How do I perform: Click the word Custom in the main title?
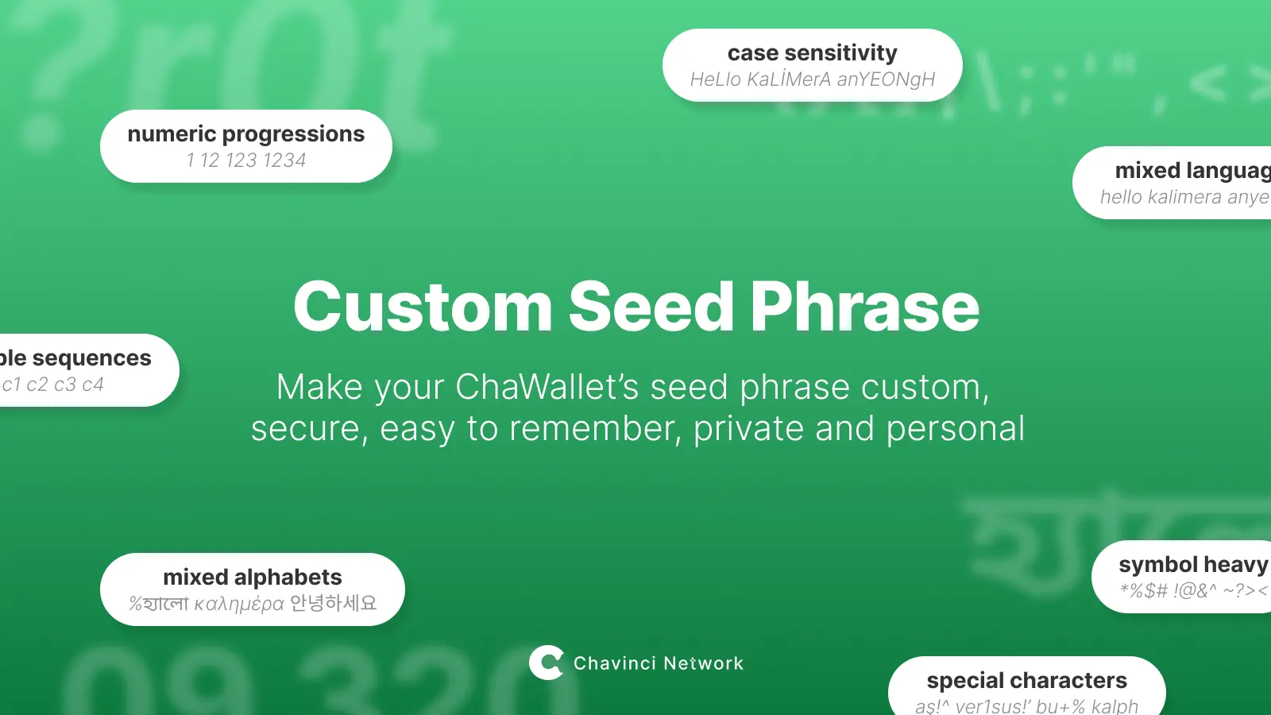[423, 307]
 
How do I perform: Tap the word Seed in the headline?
[651, 307]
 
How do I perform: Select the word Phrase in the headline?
[864, 307]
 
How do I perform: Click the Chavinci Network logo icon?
[546, 663]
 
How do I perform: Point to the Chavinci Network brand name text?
[659, 663]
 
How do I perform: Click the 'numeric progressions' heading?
[246, 134]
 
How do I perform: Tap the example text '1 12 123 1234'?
[246, 160]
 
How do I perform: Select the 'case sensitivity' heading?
[812, 53]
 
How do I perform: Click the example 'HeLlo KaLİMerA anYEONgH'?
[812, 79]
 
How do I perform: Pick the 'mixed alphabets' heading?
[253, 578]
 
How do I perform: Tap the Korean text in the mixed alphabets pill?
[334, 604]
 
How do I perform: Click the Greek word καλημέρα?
[239, 605]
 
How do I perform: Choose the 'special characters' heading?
[1026, 681]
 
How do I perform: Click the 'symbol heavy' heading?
[1192, 565]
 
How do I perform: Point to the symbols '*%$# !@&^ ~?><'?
[1192, 590]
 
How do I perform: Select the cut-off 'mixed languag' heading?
[1192, 171]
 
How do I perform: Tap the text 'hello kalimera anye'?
[1184, 197]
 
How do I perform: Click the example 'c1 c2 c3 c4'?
[52, 385]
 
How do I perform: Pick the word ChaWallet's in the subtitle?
[547, 388]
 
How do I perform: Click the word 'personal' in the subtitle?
[955, 429]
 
